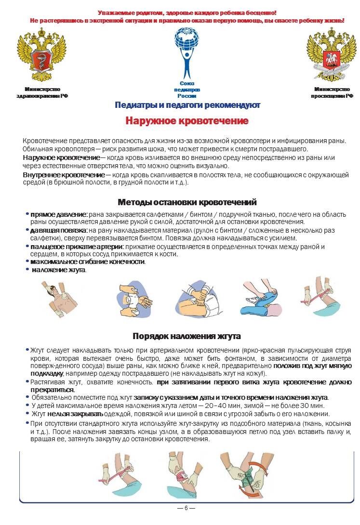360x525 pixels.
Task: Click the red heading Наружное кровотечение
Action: tap(187, 120)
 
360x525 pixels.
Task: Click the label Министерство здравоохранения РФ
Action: tap(42, 92)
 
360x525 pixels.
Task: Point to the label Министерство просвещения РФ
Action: tap(332, 92)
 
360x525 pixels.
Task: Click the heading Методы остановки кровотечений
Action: tap(187, 202)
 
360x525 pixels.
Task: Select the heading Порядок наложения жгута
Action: tap(187, 336)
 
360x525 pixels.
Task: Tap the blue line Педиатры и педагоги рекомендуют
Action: tap(187, 105)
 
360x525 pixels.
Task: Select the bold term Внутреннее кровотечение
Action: tap(64, 174)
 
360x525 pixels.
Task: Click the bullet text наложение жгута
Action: tap(59, 270)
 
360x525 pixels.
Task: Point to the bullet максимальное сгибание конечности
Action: tap(87, 262)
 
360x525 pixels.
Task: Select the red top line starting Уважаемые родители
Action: tap(187, 13)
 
